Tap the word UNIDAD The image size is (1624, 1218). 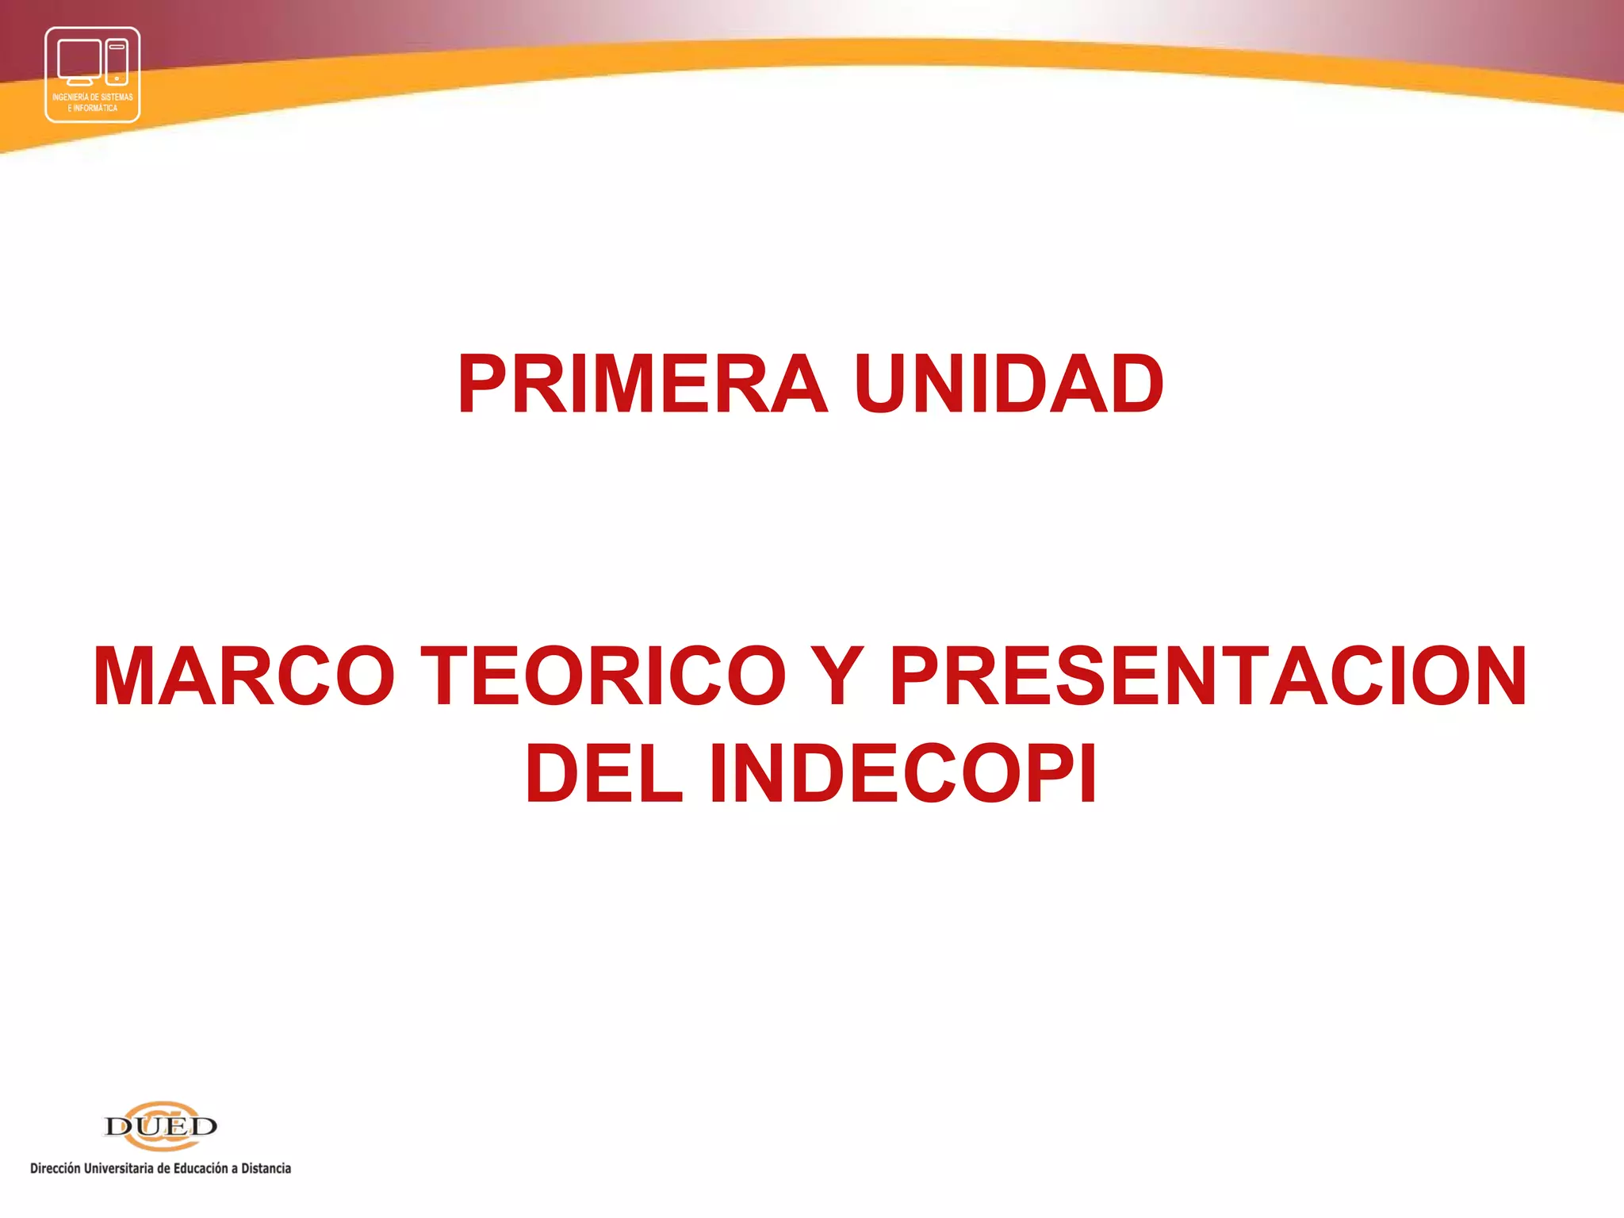pyautogui.click(x=1009, y=385)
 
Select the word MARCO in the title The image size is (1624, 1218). pyautogui.click(x=243, y=676)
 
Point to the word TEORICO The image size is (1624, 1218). pyautogui.click(x=603, y=676)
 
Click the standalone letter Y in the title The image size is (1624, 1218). pyautogui.click(x=837, y=676)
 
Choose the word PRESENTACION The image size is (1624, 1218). pyautogui.click(x=1208, y=676)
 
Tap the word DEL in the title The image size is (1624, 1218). pyautogui.click(x=603, y=774)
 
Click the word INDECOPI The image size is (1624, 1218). pyautogui.click(x=903, y=774)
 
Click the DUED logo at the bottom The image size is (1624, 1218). pyautogui.click(x=161, y=1125)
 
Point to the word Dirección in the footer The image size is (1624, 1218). pyautogui.click(x=56, y=1168)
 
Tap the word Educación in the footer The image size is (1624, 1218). pyautogui.click(x=201, y=1168)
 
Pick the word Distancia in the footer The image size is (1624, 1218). pyautogui.click(x=266, y=1168)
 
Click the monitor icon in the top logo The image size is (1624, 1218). pyautogui.click(x=79, y=60)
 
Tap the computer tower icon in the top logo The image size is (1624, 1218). pyautogui.click(x=117, y=62)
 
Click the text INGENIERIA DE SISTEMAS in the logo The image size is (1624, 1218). pyautogui.click(x=93, y=98)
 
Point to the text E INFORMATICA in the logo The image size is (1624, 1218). pyautogui.click(x=93, y=108)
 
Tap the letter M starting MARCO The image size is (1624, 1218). pyautogui.click(x=126, y=676)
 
